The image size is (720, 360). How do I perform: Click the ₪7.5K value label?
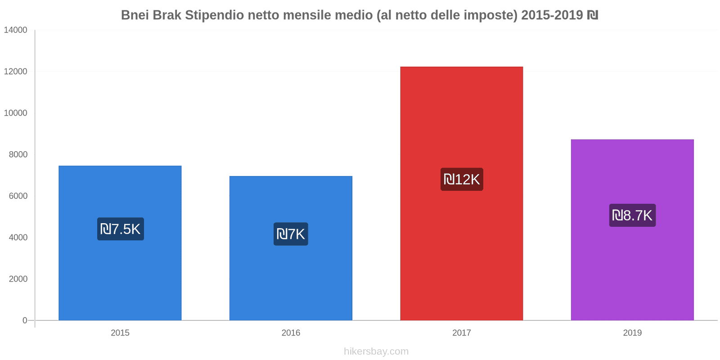(121, 229)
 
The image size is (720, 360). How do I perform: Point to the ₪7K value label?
(291, 234)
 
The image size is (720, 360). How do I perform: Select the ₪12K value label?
(462, 180)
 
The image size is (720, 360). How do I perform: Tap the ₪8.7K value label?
(632, 216)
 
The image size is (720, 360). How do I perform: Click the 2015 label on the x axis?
(120, 333)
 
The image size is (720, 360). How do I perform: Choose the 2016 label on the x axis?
(291, 333)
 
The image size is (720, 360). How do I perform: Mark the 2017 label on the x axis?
(461, 333)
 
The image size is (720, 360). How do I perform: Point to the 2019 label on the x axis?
(632, 333)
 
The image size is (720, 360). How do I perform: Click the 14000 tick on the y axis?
(16, 30)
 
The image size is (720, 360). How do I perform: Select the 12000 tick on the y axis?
(16, 72)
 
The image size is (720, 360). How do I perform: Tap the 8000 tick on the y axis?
(18, 154)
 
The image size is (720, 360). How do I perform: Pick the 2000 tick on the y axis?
(18, 279)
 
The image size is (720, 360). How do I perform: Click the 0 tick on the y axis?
(25, 320)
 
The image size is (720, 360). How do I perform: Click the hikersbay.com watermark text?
(376, 351)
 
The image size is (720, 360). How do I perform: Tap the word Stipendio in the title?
(215, 15)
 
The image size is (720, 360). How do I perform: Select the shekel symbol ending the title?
(592, 15)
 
